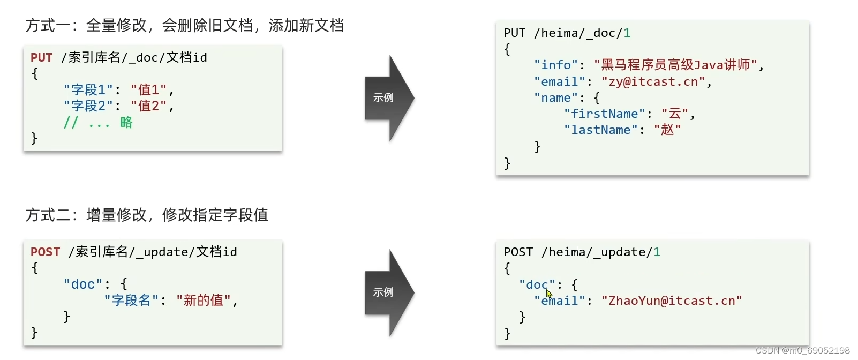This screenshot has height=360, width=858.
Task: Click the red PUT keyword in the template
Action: click(x=41, y=57)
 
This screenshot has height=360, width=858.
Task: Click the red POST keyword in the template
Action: click(x=45, y=252)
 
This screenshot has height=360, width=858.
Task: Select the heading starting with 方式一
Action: click(x=185, y=25)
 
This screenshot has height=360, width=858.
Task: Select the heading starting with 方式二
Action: click(x=147, y=215)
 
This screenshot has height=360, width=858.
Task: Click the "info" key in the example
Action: click(x=556, y=65)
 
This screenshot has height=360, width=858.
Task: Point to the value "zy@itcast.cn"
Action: click(x=653, y=81)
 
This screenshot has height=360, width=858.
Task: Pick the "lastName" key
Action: click(x=600, y=130)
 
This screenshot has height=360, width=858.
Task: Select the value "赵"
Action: click(x=667, y=130)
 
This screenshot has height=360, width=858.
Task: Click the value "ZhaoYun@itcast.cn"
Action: click(x=672, y=301)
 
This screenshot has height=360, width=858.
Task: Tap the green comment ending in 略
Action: click(x=98, y=123)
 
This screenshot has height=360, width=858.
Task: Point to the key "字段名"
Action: click(x=131, y=300)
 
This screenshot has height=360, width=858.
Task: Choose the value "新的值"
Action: click(x=204, y=300)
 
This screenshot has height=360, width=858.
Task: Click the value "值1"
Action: click(x=149, y=89)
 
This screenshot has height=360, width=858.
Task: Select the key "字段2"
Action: click(x=88, y=106)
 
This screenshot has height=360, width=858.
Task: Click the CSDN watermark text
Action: click(x=802, y=350)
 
